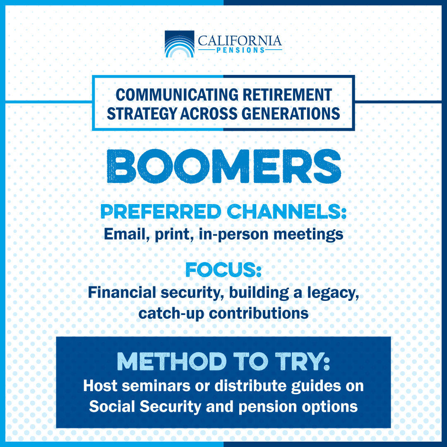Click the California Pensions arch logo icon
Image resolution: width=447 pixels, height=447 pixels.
(x=179, y=44)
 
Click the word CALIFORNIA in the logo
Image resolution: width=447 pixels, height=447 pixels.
(x=240, y=41)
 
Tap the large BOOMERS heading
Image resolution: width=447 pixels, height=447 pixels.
(x=223, y=167)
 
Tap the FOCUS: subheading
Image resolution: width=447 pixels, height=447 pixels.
(x=223, y=271)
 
